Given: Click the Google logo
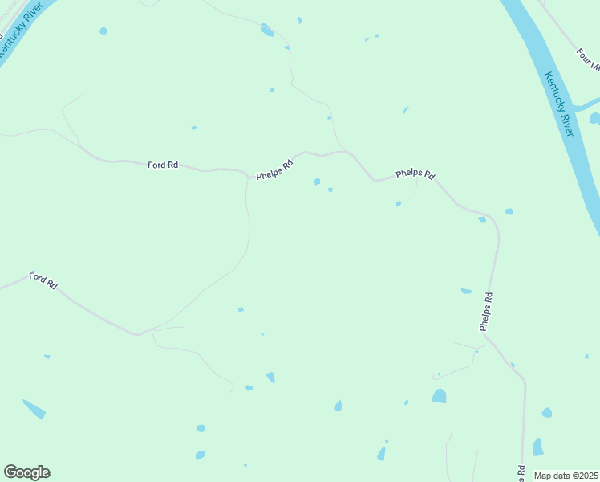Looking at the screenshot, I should [26, 472].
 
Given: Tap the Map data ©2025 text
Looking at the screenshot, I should [566, 475].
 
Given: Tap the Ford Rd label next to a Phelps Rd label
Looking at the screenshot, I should [163, 165].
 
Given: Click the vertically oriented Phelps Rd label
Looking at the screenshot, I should [486, 312].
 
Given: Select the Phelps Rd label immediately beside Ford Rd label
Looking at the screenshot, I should [275, 170].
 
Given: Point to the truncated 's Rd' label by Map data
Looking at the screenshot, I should [521, 474].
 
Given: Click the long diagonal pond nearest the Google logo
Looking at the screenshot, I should [34, 409].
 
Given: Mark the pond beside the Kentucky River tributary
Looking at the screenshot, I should [594, 119].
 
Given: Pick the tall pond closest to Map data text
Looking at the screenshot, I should [537, 447].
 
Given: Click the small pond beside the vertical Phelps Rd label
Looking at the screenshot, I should [466, 291].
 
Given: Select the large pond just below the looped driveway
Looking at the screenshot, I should [439, 395].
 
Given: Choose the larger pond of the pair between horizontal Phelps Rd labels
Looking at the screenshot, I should [317, 182].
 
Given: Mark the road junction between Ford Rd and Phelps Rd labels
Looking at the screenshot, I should [246, 172].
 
